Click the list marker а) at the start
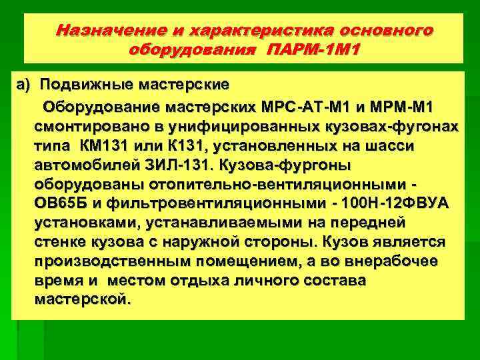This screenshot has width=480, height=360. tap(25, 85)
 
